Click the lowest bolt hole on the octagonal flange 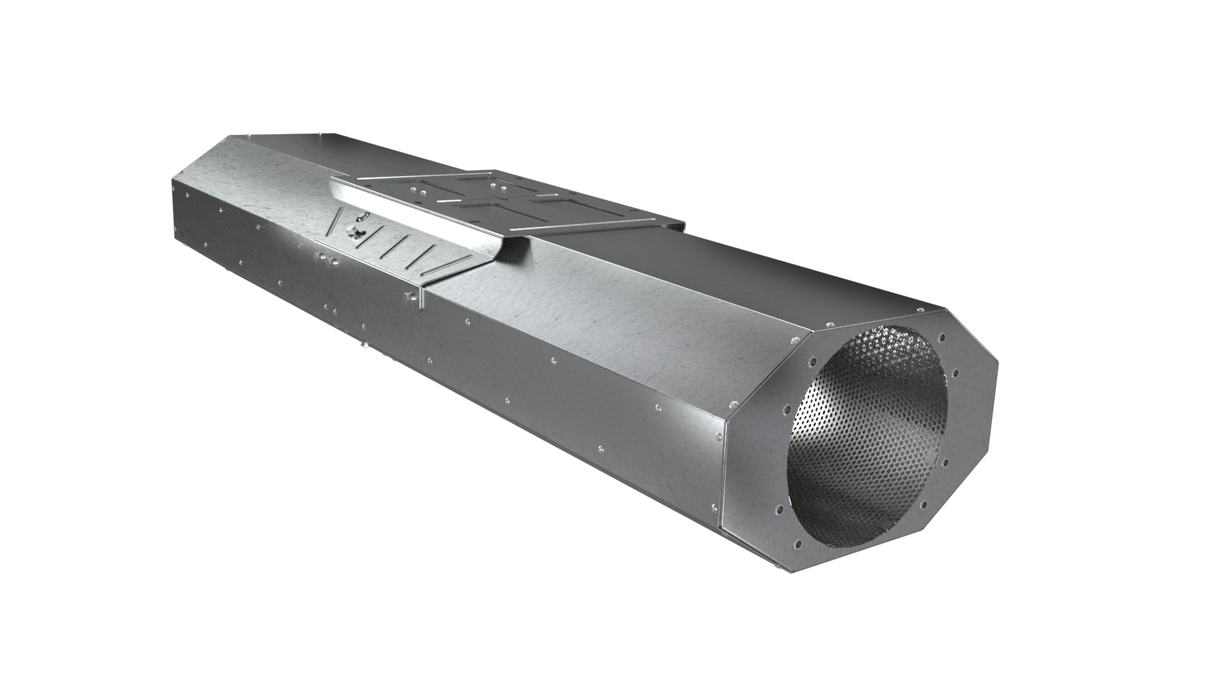coord(795,544)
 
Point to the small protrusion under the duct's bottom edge coord(363,346)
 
